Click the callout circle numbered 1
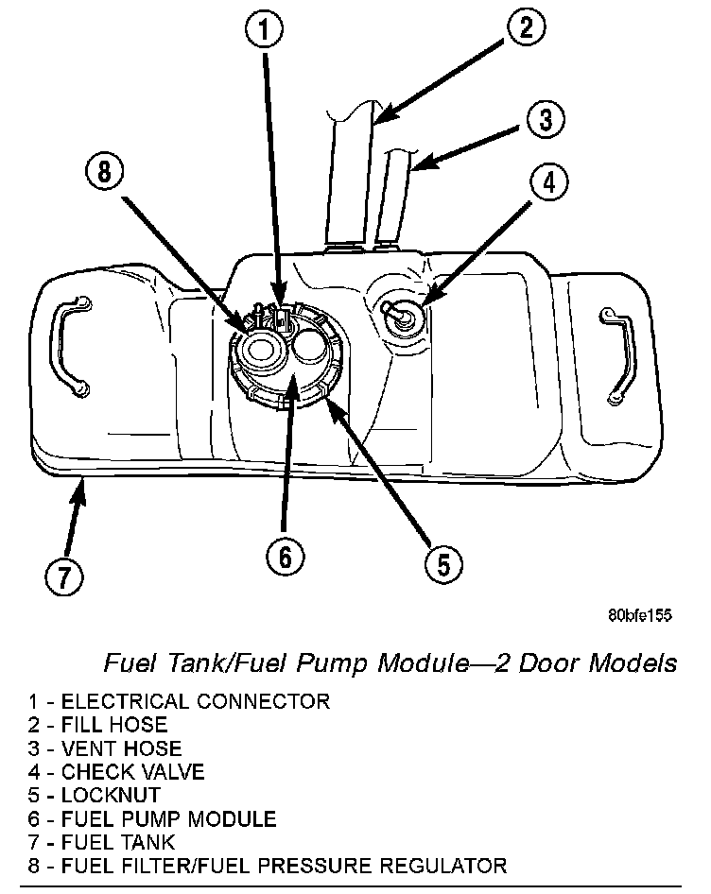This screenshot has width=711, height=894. [266, 30]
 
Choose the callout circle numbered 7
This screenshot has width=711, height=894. [62, 576]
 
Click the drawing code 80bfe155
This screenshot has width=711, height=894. [639, 615]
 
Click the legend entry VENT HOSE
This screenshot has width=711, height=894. [105, 748]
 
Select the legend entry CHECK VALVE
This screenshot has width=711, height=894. [116, 772]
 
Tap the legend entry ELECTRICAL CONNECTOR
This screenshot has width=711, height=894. [179, 702]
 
